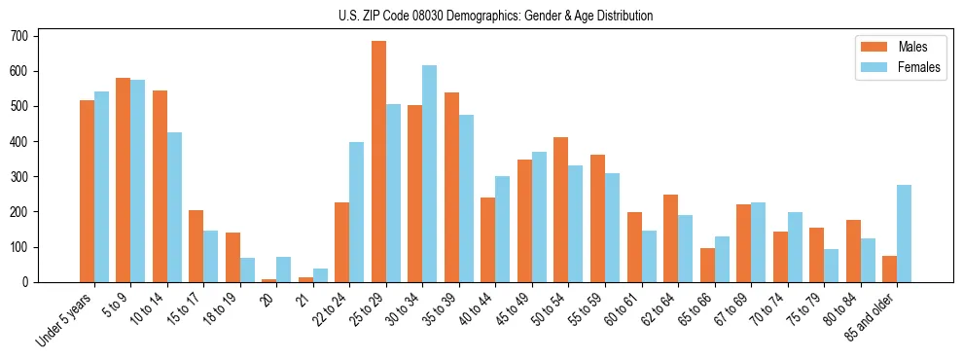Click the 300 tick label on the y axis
coord(26,177)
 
